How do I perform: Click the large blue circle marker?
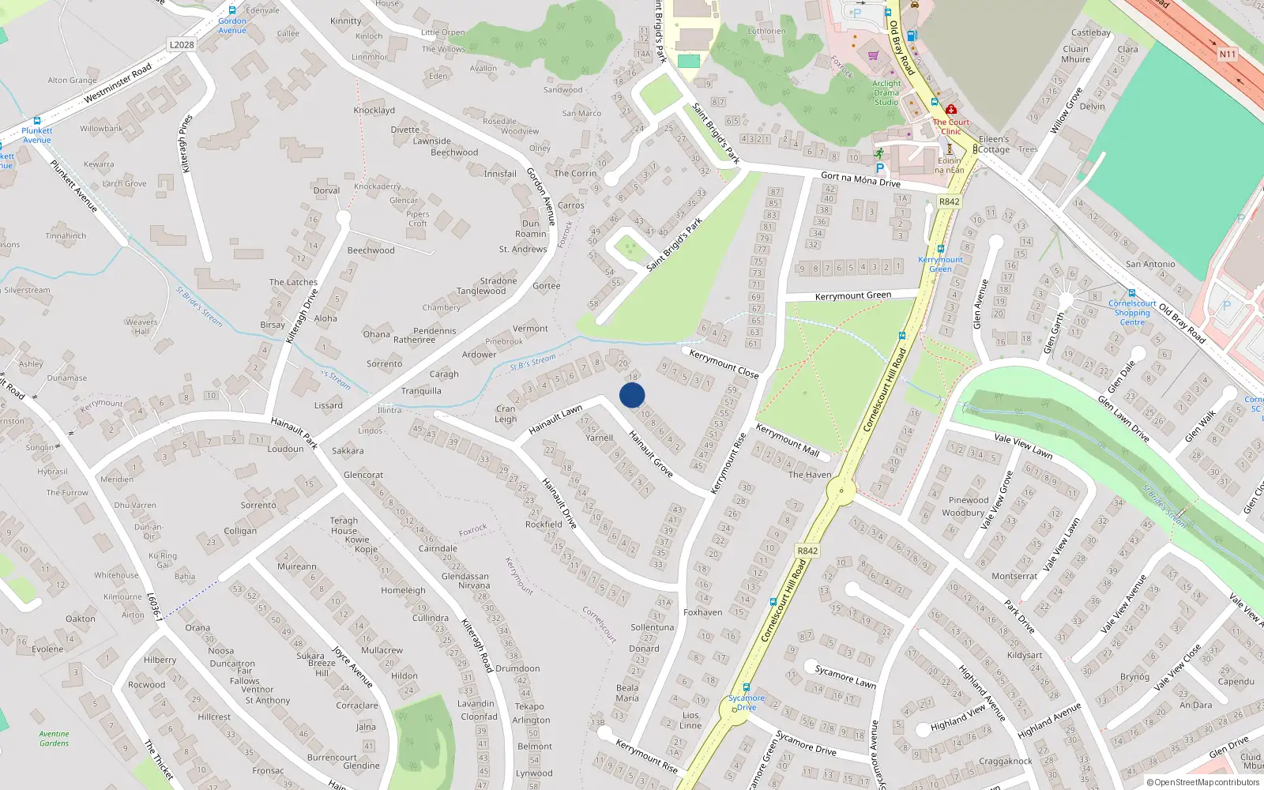[632, 395]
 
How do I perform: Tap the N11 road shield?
[1227, 54]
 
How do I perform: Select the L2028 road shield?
[182, 44]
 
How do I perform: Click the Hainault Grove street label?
[651, 453]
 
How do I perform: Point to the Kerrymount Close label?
[724, 363]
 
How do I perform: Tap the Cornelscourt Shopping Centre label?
[1132, 313]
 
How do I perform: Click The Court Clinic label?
[951, 126]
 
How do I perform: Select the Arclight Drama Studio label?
[886, 92]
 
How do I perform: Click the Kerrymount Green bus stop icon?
[940, 249]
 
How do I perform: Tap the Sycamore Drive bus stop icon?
[746, 687]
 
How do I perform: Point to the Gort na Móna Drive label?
[860, 180]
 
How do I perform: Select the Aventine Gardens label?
[54, 739]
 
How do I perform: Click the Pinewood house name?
[969, 500]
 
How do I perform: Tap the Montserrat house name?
[1014, 576]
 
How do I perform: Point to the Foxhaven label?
[702, 612]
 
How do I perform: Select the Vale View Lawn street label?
[1023, 446]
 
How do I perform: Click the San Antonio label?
[1150, 264]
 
